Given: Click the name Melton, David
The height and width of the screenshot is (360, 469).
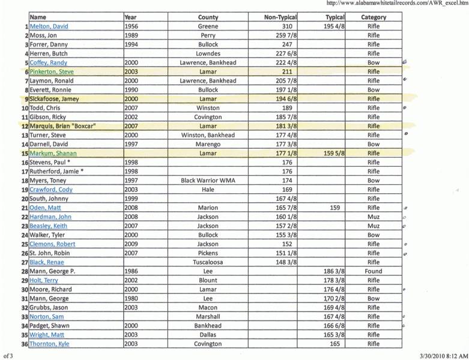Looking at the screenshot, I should coord(49,26).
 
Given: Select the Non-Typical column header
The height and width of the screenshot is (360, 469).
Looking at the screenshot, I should coord(280,17).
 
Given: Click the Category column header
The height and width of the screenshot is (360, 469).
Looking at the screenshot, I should coord(373,17).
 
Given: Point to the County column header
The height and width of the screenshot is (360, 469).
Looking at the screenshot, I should coord(208,17).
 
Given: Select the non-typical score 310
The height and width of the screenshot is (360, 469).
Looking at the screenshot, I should coord(286,26).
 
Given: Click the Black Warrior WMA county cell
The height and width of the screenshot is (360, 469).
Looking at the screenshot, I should coord(208,180).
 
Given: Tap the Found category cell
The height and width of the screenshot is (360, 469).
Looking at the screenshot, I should coord(373,271).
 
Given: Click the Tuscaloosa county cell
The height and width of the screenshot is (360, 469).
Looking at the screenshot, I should coord(208,262).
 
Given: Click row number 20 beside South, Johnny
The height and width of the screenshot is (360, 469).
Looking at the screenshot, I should coord(25,199).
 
